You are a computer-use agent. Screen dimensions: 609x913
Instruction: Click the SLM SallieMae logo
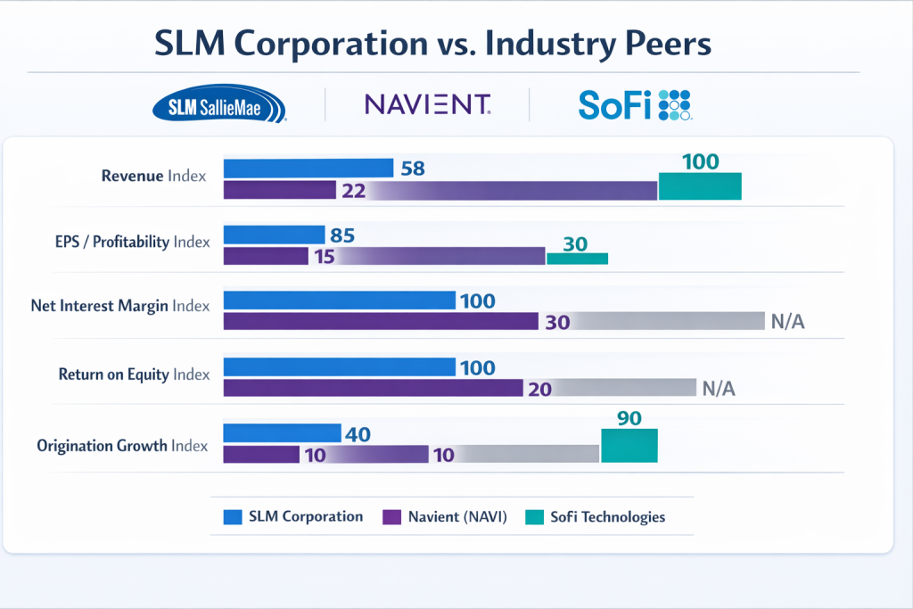[x=220, y=106]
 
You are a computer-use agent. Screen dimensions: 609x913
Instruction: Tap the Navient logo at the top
[x=427, y=105]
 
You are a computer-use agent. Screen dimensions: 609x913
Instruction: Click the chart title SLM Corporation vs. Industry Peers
[x=433, y=44]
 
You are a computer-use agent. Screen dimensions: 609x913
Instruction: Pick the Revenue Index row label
[x=153, y=176]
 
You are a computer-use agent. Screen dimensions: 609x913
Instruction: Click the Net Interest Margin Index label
[x=119, y=306]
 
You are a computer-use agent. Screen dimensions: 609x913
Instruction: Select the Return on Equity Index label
[x=134, y=374]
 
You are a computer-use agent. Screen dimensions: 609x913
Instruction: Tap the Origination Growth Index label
[x=122, y=445]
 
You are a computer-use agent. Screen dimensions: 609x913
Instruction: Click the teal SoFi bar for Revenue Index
[x=700, y=186]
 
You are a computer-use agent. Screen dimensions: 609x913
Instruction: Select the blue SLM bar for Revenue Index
[x=308, y=168]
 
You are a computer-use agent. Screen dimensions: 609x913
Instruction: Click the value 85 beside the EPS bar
[x=342, y=236]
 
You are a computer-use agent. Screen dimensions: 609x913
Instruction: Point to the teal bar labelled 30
[x=577, y=258]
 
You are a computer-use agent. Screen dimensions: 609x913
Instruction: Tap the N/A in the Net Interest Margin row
[x=787, y=322]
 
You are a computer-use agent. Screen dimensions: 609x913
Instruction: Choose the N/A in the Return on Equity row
[x=720, y=388]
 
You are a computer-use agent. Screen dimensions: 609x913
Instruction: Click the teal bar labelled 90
[x=629, y=444]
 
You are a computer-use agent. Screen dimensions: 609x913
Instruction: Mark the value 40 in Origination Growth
[x=357, y=434]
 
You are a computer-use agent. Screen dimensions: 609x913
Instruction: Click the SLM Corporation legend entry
[x=294, y=516]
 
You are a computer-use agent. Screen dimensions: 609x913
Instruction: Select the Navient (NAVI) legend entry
[x=446, y=516]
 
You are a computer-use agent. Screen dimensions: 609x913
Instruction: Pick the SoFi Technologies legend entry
[x=595, y=516]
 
